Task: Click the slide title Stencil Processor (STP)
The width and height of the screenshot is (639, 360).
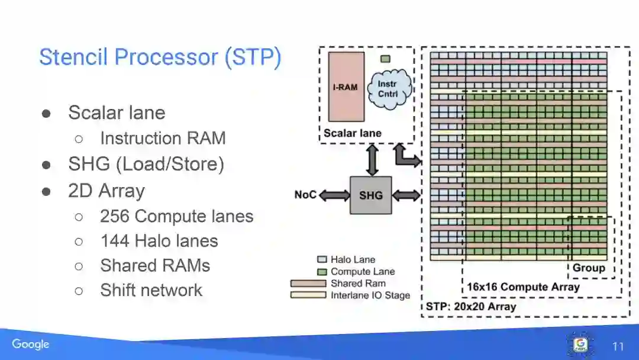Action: pyautogui.click(x=160, y=57)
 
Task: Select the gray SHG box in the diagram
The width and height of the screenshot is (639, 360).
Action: pyautogui.click(x=371, y=195)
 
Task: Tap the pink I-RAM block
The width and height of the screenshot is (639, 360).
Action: pyautogui.click(x=345, y=87)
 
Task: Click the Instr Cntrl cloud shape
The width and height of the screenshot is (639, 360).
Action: pyautogui.click(x=388, y=89)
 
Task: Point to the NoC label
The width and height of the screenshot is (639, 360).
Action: pyautogui.click(x=305, y=195)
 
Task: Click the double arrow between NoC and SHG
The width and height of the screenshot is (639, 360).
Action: pyautogui.click(x=334, y=195)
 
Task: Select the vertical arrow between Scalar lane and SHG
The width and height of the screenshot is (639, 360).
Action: pyautogui.click(x=372, y=160)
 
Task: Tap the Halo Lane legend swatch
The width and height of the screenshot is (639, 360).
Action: pyautogui.click(x=322, y=259)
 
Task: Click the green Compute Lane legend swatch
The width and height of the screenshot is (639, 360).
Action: pyautogui.click(x=322, y=271)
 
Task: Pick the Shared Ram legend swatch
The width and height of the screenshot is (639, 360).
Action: pyautogui.click(x=308, y=284)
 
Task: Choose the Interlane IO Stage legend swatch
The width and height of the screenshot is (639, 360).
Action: pyautogui.click(x=308, y=295)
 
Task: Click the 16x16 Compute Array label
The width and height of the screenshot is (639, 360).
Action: pyautogui.click(x=523, y=287)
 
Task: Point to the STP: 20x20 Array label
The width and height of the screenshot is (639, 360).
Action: pyautogui.click(x=471, y=307)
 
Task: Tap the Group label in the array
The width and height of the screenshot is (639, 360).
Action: pyautogui.click(x=589, y=268)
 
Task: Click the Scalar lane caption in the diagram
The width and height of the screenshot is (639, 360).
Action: pyautogui.click(x=353, y=133)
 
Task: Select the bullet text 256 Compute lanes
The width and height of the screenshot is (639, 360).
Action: pyautogui.click(x=176, y=217)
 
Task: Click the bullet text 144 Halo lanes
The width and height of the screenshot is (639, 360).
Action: pyautogui.click(x=159, y=241)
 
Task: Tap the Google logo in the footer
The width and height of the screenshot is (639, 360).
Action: pyautogui.click(x=30, y=344)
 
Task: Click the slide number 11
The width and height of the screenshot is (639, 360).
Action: pyautogui.click(x=618, y=346)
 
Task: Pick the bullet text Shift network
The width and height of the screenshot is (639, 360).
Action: pyautogui.click(x=151, y=290)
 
